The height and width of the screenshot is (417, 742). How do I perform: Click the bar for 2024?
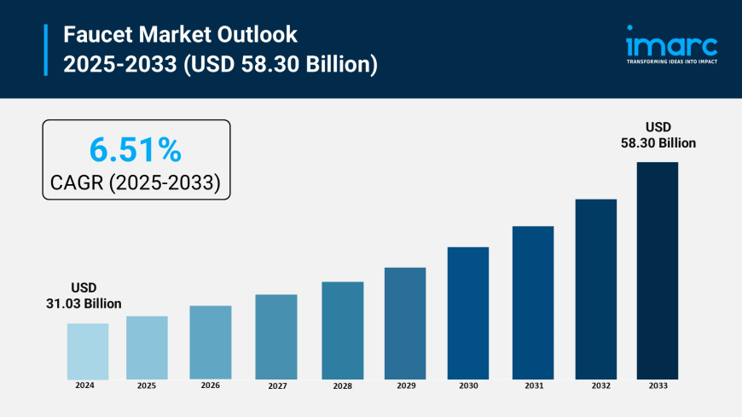(88, 351)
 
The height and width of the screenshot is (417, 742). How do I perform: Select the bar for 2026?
(211, 342)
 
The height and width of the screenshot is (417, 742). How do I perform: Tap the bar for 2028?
(343, 330)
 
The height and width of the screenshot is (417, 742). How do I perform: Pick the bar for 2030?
(468, 313)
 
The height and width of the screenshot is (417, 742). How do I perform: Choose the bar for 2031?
(533, 303)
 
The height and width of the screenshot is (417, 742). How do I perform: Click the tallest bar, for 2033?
(658, 270)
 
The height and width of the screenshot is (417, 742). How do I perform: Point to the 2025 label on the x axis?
(147, 385)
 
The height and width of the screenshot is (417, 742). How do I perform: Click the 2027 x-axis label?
(276, 386)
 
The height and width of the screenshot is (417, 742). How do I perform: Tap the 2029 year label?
(405, 386)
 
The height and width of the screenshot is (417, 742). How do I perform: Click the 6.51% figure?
(136, 150)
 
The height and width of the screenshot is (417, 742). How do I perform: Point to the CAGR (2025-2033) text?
(136, 181)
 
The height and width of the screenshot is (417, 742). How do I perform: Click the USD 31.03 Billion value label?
(84, 296)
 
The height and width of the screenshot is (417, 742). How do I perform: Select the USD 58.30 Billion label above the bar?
(658, 135)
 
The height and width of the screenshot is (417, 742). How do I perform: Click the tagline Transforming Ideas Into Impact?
(671, 62)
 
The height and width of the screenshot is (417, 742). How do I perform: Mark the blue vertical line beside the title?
(46, 49)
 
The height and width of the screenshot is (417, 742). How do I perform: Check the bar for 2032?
(595, 289)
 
